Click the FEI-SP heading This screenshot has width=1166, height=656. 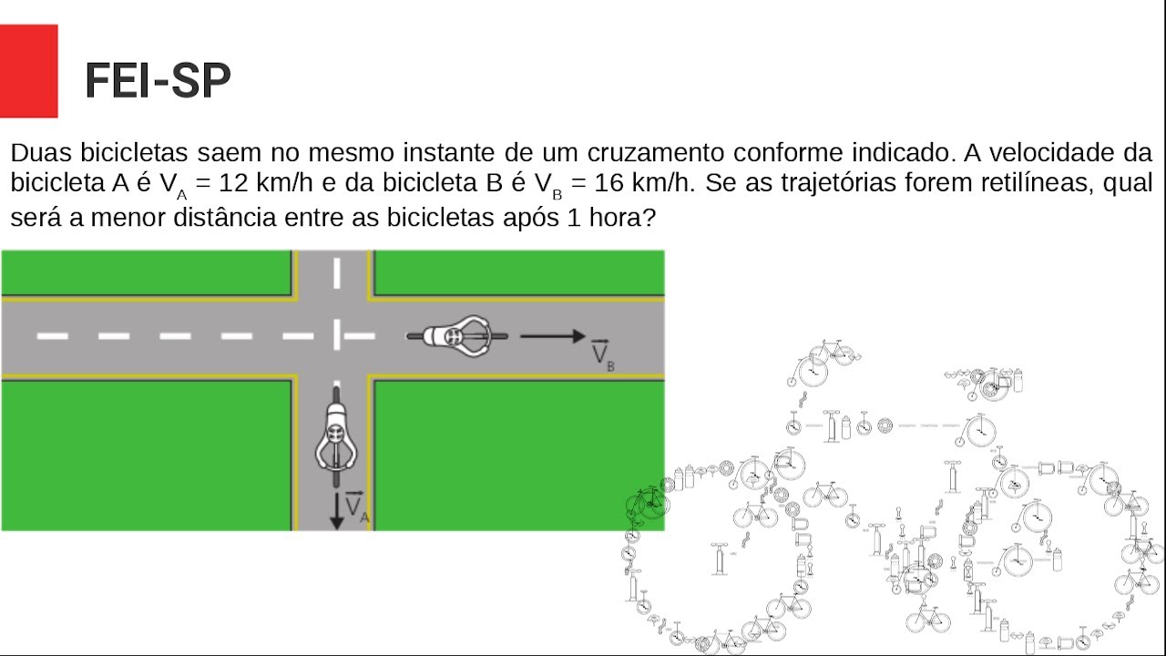click(x=158, y=80)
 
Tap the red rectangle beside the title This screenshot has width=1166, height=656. click(x=28, y=71)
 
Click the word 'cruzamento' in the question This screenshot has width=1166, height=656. click(x=655, y=152)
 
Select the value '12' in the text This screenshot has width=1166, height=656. click(x=233, y=183)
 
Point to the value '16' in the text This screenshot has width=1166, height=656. click(x=609, y=183)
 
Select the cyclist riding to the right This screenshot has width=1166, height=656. click(x=457, y=336)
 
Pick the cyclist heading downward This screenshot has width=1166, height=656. click(x=336, y=436)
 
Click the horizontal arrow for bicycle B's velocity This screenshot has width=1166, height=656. click(x=553, y=336)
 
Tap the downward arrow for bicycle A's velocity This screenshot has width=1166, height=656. click(x=337, y=511)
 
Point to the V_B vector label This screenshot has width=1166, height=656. click(x=603, y=355)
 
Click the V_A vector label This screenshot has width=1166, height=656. click(x=357, y=506)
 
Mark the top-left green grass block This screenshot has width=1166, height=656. click(x=147, y=272)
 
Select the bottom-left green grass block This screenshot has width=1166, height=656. click(x=147, y=456)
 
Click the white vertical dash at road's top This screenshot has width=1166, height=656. click(x=337, y=272)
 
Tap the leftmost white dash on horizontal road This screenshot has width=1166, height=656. click(x=52, y=336)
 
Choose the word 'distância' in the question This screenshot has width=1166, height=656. click(x=225, y=217)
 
